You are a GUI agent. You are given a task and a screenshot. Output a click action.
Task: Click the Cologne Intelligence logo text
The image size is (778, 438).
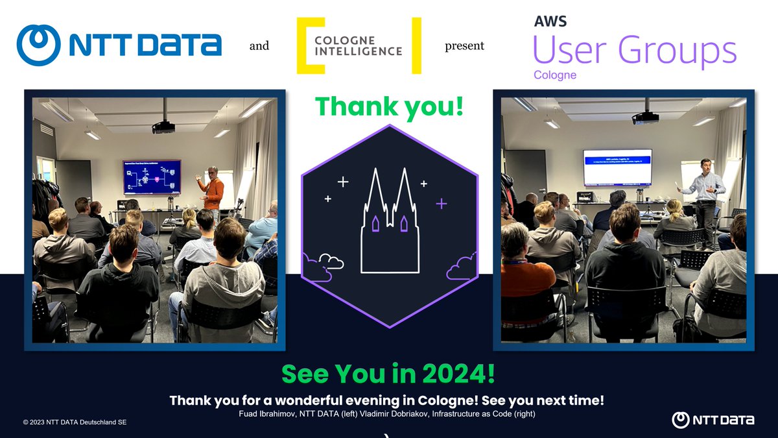(359, 45)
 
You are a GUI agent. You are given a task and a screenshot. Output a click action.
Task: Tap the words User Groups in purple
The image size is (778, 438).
(634, 50)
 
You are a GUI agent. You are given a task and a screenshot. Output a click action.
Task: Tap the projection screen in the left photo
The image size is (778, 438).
(152, 176)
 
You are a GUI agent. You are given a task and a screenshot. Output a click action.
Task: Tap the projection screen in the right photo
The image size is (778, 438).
(617, 167)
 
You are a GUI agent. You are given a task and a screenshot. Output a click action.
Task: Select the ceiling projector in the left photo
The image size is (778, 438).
(163, 127)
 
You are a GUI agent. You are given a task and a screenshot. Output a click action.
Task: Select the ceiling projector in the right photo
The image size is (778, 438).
(645, 117)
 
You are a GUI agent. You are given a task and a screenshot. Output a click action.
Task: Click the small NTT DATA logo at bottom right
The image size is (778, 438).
(713, 420)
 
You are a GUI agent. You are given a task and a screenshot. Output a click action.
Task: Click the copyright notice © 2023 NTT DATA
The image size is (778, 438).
(75, 422)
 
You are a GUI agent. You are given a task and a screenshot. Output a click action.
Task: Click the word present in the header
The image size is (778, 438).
(464, 46)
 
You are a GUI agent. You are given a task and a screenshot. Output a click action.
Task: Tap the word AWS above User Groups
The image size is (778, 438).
(550, 21)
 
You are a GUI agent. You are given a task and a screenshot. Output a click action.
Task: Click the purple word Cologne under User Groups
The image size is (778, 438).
(555, 75)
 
